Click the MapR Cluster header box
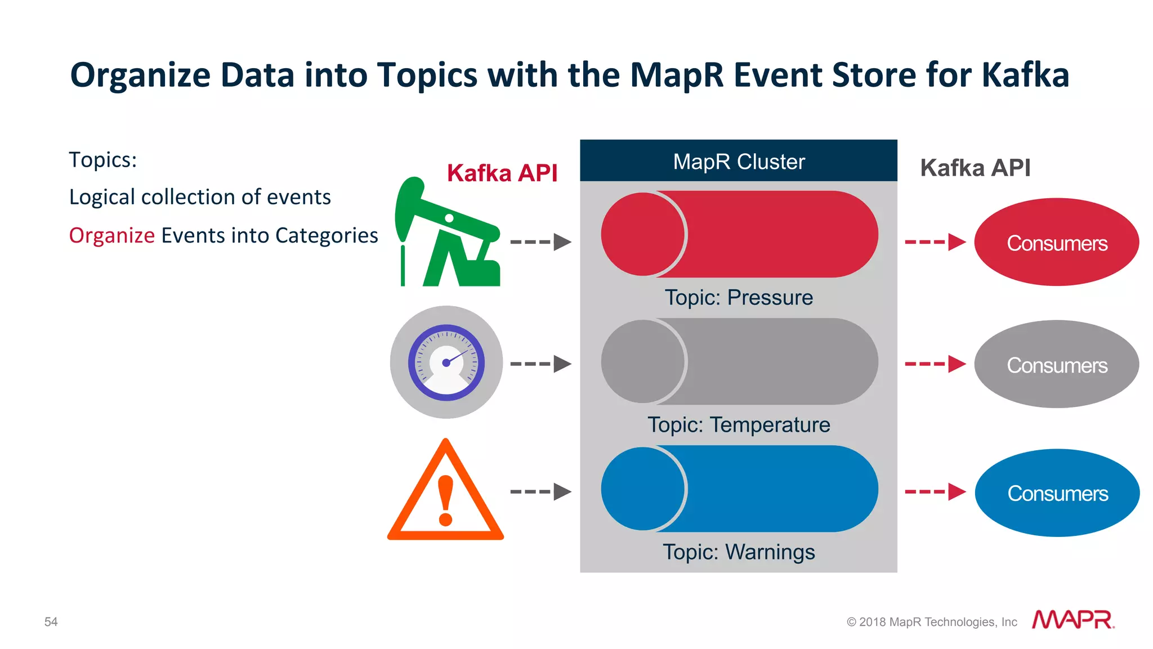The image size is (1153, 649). coord(738,161)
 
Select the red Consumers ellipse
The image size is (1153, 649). coord(1057,243)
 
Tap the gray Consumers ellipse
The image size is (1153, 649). coord(1057,365)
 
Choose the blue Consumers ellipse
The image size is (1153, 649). coord(1057,493)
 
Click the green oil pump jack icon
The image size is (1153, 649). coord(448,236)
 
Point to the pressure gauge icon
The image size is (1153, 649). coord(446,362)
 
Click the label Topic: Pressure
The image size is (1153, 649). coord(738,297)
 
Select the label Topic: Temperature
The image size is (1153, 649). coord(738,424)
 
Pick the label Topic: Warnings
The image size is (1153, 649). coord(738,552)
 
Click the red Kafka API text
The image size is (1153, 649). coord(502,173)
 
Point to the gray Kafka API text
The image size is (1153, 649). coord(975,168)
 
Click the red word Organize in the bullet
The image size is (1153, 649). coord(111,235)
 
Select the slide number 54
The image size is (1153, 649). coord(51,621)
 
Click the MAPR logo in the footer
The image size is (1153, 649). coord(1072,620)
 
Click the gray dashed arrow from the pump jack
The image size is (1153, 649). coord(540,242)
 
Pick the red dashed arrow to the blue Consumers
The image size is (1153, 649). coord(935,491)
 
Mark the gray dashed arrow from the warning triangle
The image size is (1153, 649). coord(540,491)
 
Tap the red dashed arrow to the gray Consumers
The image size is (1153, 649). coord(935,364)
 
